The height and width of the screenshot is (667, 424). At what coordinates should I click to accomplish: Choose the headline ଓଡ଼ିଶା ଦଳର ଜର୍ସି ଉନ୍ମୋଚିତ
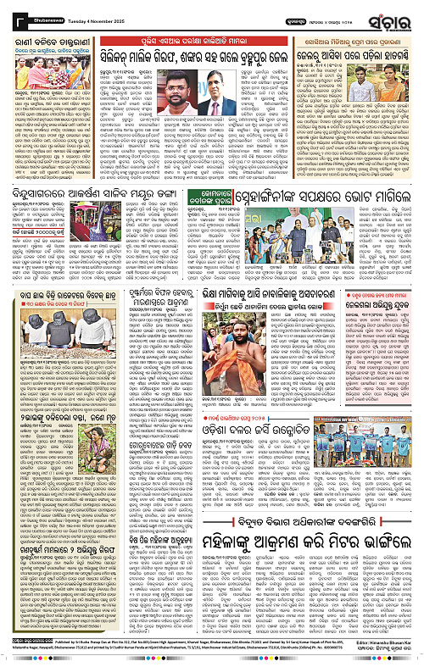304,495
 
